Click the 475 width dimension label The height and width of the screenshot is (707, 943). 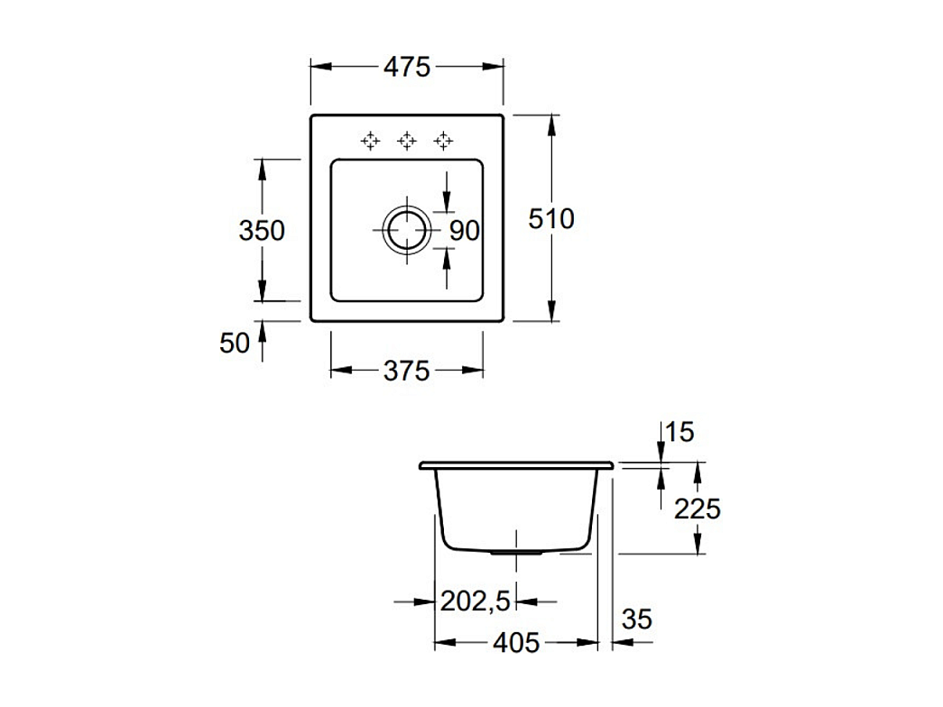tap(407, 67)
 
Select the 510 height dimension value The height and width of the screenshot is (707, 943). tap(551, 219)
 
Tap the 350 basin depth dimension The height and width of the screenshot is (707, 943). tap(262, 230)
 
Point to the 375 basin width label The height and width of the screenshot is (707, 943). tap(407, 371)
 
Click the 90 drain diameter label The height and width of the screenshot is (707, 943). tap(465, 230)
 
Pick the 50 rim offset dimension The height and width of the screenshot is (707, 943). tap(235, 344)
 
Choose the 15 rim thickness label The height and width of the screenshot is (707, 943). tap(680, 432)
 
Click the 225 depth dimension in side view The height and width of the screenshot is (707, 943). tap(697, 510)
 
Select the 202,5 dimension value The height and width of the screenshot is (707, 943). tap(475, 601)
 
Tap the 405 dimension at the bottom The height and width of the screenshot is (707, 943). tap(516, 643)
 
